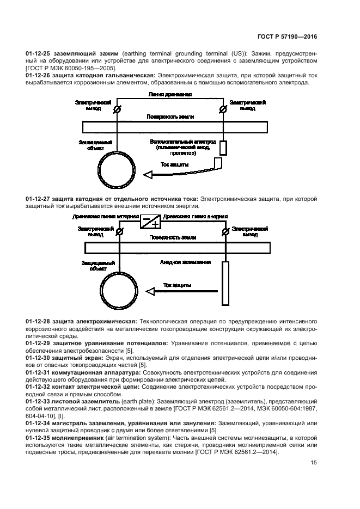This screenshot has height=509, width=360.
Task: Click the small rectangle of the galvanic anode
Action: coord(223,147)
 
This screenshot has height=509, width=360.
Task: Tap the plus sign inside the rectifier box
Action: coord(155,224)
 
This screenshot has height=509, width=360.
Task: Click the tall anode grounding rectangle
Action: coord(225,283)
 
